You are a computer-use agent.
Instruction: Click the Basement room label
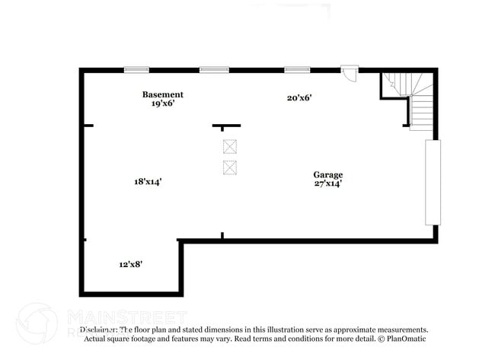click(x=162, y=94)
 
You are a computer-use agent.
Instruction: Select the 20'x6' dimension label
click(x=299, y=97)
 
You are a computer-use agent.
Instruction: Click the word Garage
click(x=328, y=174)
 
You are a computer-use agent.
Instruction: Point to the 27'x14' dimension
click(x=328, y=183)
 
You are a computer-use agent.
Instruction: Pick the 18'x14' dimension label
click(x=148, y=181)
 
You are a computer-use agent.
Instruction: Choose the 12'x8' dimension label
click(x=130, y=264)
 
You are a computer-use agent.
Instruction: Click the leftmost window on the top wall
click(x=136, y=70)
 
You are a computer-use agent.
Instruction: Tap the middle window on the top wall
click(x=214, y=70)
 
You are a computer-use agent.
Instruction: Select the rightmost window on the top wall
click(x=296, y=70)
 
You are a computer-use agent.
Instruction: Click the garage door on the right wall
click(x=433, y=182)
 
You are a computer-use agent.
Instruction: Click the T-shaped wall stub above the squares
click(x=226, y=126)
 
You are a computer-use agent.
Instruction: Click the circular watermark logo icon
click(x=37, y=323)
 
